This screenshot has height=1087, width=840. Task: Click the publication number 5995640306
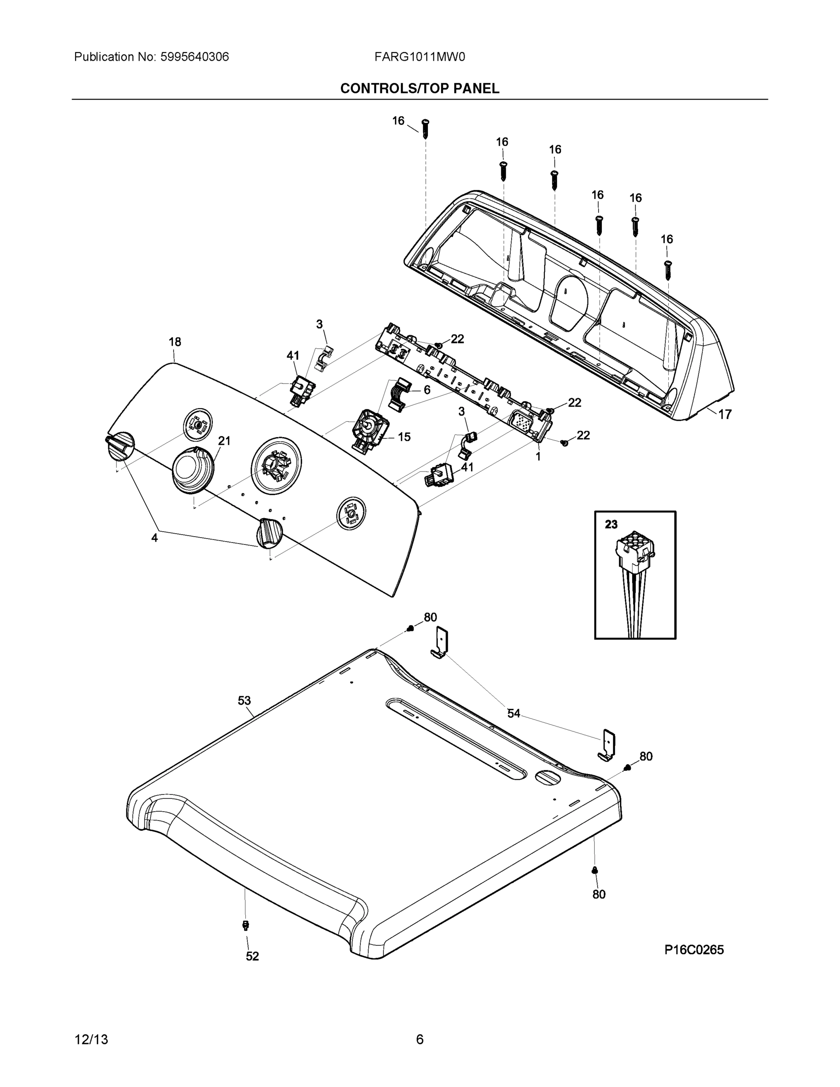coord(194,57)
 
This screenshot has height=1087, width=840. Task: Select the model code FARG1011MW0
coord(419,57)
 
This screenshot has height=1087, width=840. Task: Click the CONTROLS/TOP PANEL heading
coord(419,89)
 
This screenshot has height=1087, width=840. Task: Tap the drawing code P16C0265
coord(694,950)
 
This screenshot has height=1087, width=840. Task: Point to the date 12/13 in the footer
coord(91,1040)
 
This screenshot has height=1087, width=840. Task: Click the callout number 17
coord(725,414)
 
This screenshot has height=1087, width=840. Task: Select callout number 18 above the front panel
coord(175,342)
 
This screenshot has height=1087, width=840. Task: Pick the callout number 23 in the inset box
coord(611,524)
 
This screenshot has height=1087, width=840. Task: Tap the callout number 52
coord(252,956)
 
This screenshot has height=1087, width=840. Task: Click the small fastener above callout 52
coord(245,925)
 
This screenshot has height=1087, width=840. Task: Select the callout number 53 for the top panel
coord(244,701)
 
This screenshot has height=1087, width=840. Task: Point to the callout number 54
coord(514,713)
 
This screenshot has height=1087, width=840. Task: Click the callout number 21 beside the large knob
coord(225,441)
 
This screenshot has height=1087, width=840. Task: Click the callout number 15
coord(404,437)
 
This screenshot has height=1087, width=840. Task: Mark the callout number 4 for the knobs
coord(155,538)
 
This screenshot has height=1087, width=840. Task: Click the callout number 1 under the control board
coord(538,456)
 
